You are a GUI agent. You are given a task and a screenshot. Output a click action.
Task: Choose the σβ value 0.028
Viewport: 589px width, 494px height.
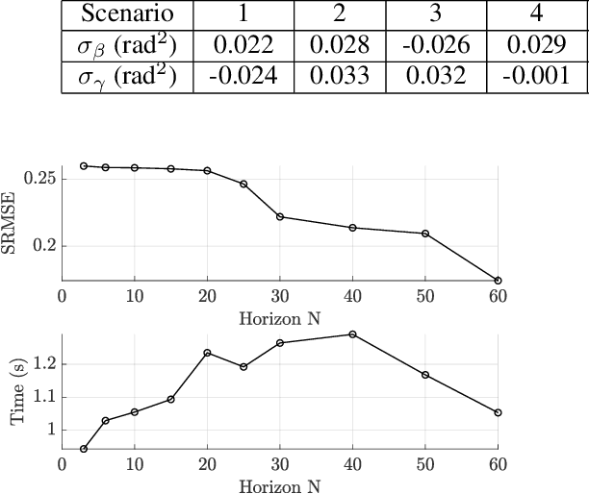339,46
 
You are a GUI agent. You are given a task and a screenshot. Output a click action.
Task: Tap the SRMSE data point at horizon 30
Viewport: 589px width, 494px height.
280,216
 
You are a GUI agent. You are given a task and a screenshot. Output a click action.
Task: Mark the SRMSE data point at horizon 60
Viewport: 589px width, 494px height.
498,281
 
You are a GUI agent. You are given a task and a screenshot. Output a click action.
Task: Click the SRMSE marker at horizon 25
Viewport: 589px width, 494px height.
243,184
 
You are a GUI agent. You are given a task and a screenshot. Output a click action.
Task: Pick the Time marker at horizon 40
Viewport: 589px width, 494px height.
352,334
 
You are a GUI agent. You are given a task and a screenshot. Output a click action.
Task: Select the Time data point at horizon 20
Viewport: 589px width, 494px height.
207,353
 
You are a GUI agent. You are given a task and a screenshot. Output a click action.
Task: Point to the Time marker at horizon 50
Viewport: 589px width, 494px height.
425,375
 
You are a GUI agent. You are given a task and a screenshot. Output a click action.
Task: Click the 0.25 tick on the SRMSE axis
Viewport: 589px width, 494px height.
41,179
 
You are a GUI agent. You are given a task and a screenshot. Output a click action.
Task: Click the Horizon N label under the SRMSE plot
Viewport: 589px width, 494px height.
279,317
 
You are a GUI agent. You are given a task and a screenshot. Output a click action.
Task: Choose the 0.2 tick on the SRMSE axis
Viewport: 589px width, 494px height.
45,246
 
